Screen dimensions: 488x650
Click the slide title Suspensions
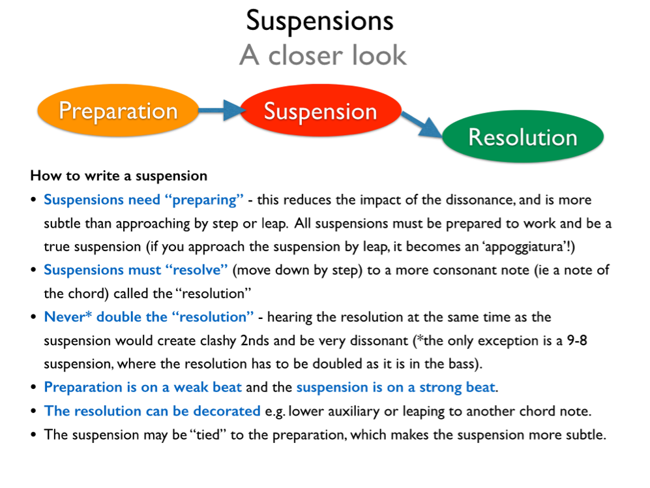(319, 21)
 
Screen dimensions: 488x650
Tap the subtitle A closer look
(323, 55)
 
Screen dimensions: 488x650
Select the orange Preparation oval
(118, 110)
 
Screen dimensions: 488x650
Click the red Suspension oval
(320, 111)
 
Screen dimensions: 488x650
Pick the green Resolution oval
(523, 137)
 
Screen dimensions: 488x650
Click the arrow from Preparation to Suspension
(219, 110)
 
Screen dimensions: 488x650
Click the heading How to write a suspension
(119, 176)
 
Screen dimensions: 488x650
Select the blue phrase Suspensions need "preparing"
(143, 200)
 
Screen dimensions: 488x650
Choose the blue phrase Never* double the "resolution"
(149, 317)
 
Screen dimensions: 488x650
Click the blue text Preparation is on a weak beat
(143, 388)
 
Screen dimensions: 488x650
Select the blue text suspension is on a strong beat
(396, 388)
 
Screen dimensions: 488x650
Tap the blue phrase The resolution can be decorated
(152, 411)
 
